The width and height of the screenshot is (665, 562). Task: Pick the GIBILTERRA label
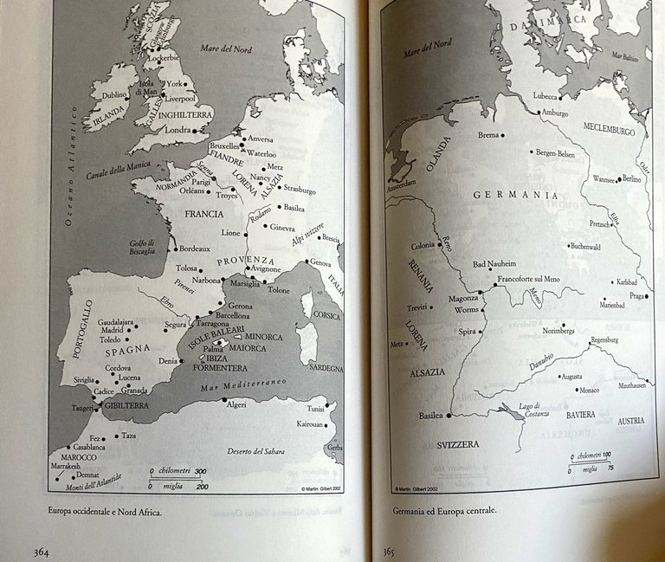(115, 404)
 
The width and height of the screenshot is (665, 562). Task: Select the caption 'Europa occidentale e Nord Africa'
(107, 510)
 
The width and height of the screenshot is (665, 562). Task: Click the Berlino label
(630, 178)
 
